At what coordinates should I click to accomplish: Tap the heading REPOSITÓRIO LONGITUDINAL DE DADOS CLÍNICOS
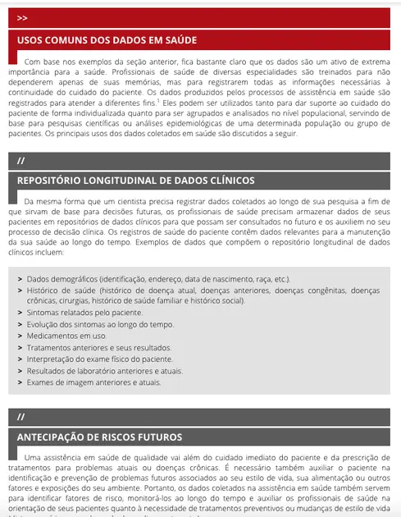click(x=135, y=180)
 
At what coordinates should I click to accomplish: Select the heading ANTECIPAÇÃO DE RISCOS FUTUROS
click(x=99, y=437)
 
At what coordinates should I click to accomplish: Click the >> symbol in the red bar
click(x=22, y=17)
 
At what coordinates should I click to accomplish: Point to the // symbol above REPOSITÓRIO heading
click(x=21, y=159)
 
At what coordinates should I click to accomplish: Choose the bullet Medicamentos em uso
click(x=66, y=336)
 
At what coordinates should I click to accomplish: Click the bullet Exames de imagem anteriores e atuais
click(x=93, y=382)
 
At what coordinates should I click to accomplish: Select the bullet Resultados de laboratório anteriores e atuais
click(x=104, y=371)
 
